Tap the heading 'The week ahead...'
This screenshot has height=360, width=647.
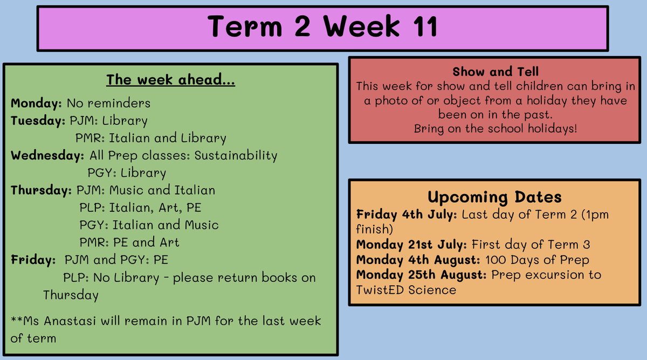coord(171,80)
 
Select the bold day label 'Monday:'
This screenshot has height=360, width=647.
coord(37,103)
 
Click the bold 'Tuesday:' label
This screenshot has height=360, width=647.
coord(38,121)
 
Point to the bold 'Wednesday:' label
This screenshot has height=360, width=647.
coord(47,156)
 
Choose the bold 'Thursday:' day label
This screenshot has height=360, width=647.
coord(42,191)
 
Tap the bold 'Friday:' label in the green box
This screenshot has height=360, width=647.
coord(33,260)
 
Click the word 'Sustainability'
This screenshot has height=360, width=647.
coord(236,156)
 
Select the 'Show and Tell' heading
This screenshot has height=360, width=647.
coord(495,72)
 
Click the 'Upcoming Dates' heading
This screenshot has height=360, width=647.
coord(494,197)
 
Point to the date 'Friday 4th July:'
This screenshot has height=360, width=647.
coord(407,215)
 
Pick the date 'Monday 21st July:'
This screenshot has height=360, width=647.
coord(411,245)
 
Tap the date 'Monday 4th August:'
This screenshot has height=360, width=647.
coord(418,260)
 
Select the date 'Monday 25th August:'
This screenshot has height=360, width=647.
coord(422,275)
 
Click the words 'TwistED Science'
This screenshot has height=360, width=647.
coord(406,290)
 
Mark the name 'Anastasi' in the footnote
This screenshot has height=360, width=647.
coord(70,321)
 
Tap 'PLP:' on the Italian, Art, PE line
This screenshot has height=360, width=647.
coord(92,208)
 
